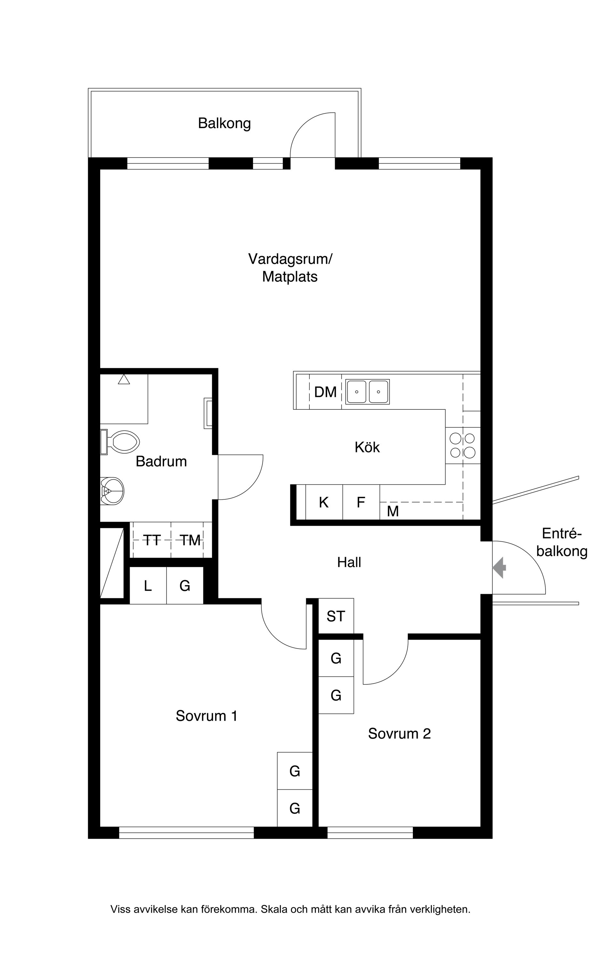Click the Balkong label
tap(224, 123)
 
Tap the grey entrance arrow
tap(499, 567)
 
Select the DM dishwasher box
tap(325, 392)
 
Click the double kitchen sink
tap(367, 392)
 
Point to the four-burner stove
tap(463, 445)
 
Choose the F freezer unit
tap(361, 502)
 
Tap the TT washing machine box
tap(152, 540)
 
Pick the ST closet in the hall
tap(336, 616)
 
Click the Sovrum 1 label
tap(206, 716)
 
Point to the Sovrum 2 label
tap(399, 733)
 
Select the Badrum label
tap(161, 461)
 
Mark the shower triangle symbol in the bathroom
tap(124, 379)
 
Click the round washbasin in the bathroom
tap(112, 491)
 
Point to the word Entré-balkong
tap(562, 542)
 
